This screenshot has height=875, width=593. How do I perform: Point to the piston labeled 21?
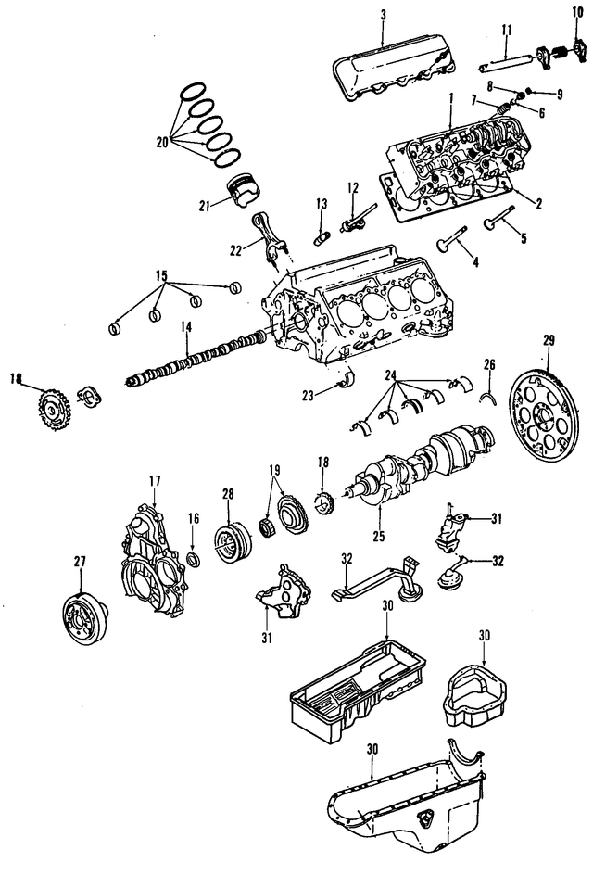click(x=246, y=194)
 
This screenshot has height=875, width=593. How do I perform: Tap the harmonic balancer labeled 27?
click(x=83, y=616)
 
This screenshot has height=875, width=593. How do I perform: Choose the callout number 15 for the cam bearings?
click(x=160, y=276)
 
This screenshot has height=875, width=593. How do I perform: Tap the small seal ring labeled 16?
click(x=194, y=560)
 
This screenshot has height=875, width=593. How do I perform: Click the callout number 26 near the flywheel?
click(x=490, y=363)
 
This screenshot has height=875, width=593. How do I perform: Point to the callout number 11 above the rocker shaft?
click(x=506, y=31)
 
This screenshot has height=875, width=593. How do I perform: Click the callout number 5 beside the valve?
click(x=523, y=238)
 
